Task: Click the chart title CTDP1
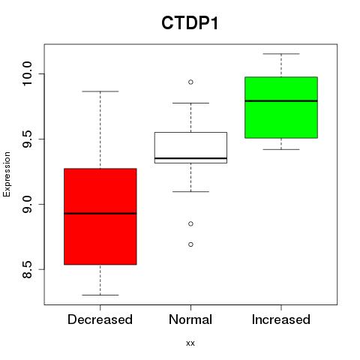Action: (190, 23)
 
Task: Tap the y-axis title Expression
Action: (7, 174)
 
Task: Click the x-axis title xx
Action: (190, 343)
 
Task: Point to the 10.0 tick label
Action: (27, 73)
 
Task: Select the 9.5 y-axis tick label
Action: (27, 139)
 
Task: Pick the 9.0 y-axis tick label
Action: (27, 204)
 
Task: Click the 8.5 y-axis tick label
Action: (27, 269)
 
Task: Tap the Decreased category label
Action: (100, 319)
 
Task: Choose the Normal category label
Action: (190, 319)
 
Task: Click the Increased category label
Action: (281, 319)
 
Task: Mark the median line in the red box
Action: (100, 214)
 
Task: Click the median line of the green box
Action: (281, 101)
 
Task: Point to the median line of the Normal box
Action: (190, 158)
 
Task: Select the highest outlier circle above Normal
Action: (190, 82)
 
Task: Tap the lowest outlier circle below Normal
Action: (190, 244)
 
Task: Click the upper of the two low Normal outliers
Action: (190, 223)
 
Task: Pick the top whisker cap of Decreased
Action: (100, 91)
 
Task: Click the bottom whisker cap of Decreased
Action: (100, 295)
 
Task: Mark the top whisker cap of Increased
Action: (281, 54)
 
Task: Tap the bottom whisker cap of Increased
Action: (281, 149)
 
